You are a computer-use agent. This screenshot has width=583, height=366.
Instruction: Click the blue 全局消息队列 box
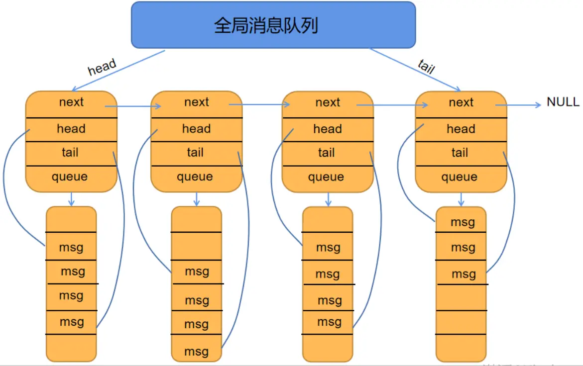(x=273, y=25)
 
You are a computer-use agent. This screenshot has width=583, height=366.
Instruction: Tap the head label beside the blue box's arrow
(x=102, y=67)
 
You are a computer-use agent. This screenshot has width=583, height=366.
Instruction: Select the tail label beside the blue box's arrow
(x=426, y=66)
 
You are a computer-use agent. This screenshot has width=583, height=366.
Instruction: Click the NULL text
(x=563, y=102)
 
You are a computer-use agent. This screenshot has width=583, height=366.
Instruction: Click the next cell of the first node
(x=71, y=102)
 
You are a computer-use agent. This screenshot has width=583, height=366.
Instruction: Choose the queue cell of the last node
(x=460, y=177)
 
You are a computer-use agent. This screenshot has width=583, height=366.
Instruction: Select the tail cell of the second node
(x=195, y=153)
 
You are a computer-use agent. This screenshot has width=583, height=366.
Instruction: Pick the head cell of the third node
(x=327, y=129)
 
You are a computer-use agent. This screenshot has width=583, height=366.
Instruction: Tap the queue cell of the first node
(x=70, y=177)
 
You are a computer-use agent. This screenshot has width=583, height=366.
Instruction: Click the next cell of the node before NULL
(x=461, y=102)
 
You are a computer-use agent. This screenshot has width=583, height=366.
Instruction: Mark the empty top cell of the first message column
(x=71, y=219)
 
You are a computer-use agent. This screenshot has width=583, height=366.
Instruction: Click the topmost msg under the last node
(x=463, y=222)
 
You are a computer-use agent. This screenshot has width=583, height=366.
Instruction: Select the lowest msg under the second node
(x=196, y=352)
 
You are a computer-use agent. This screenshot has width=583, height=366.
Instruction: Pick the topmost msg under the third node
(x=328, y=248)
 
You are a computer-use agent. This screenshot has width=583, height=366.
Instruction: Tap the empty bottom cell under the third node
(x=328, y=347)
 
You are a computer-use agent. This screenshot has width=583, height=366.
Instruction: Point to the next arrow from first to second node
(x=133, y=106)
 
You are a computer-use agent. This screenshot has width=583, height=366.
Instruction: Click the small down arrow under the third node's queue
(x=328, y=199)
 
